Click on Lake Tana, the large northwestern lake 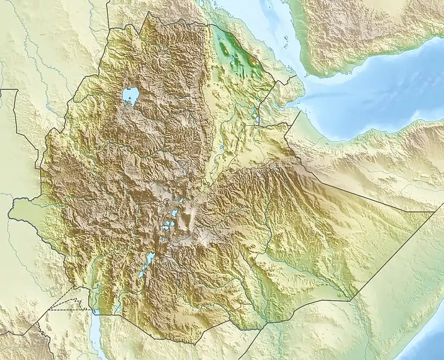click(130, 95)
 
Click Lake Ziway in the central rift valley click(174, 213)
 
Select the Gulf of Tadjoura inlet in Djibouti click(294, 103)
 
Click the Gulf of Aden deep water click(377, 94)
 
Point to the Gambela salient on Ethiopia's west click(22, 208)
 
